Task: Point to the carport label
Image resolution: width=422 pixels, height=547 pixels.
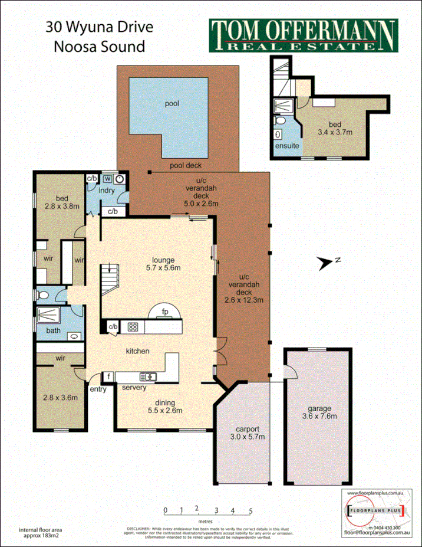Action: [x=245, y=429]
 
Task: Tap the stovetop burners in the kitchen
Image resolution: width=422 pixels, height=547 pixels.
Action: [x=133, y=326]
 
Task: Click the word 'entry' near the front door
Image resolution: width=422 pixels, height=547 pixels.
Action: [x=98, y=389]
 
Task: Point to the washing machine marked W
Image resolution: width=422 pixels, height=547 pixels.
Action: [x=108, y=178]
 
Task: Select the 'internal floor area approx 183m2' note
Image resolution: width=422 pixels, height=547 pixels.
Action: [x=42, y=533]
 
